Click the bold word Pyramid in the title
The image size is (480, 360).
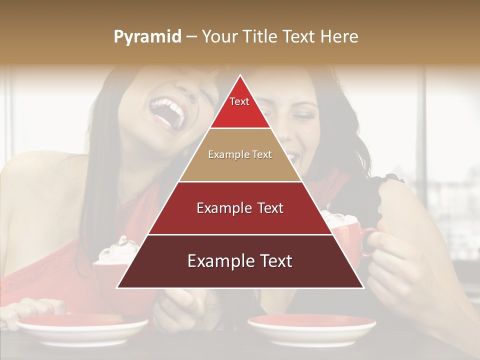pos(147,37)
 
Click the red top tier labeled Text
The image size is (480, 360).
pos(240,107)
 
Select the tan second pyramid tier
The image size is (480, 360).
pos(240,155)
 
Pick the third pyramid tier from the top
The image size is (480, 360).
pos(240,208)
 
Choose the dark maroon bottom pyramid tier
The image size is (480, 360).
pos(240,261)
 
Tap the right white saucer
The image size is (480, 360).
pos(311,327)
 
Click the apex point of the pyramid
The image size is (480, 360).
pos(240,76)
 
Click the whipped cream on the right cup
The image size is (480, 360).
pos(340,220)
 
